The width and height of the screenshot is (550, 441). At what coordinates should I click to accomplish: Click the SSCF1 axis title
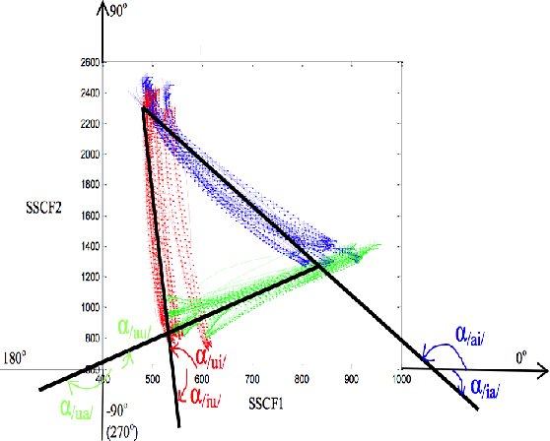(265, 403)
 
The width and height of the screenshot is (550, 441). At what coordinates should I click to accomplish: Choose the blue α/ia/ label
(489, 386)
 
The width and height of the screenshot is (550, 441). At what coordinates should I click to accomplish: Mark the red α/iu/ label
(203, 397)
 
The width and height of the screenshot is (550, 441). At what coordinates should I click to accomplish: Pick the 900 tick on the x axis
(350, 378)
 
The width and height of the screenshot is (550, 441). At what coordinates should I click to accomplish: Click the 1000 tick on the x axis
(399, 378)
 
